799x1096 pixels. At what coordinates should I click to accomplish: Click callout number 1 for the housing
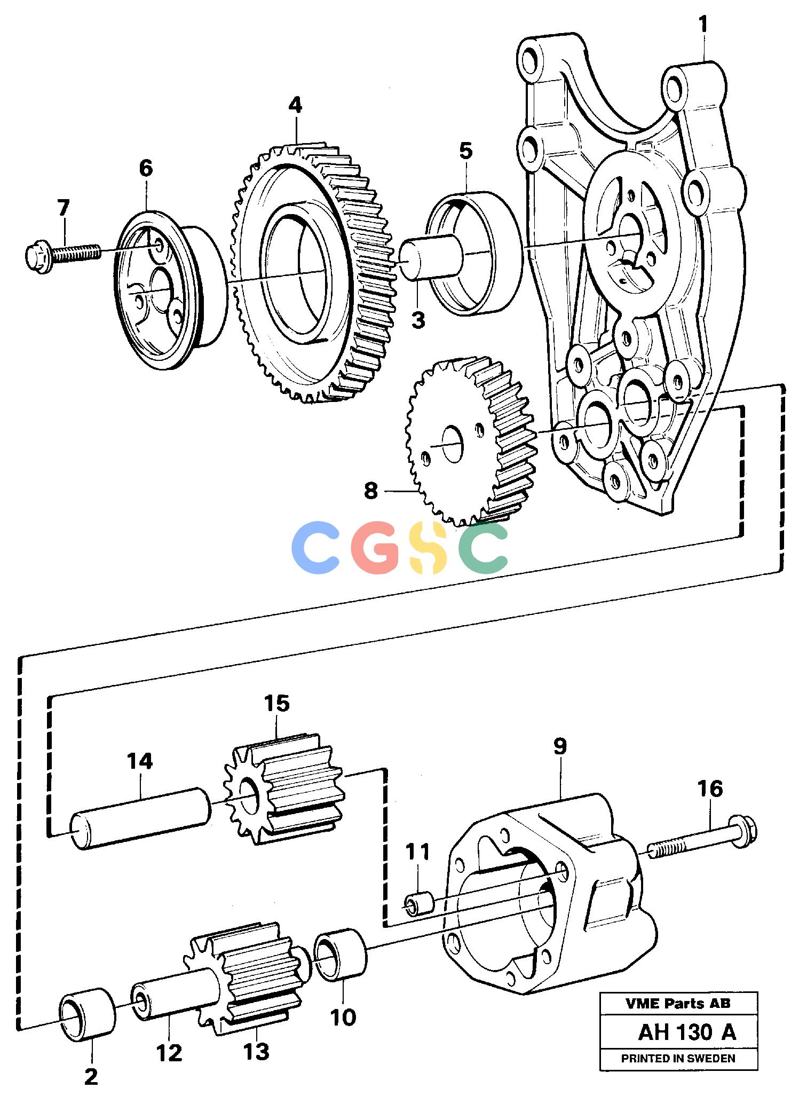(x=703, y=25)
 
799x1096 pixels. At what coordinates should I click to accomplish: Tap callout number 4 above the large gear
(x=295, y=106)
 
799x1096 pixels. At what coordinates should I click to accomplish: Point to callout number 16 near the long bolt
(x=710, y=789)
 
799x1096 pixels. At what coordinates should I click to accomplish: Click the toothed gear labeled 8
(x=473, y=440)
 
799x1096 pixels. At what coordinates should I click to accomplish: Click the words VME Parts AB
(x=678, y=1004)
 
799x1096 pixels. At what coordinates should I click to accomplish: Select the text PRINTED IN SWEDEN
(x=678, y=1058)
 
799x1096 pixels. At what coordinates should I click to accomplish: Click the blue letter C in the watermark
(x=315, y=547)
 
